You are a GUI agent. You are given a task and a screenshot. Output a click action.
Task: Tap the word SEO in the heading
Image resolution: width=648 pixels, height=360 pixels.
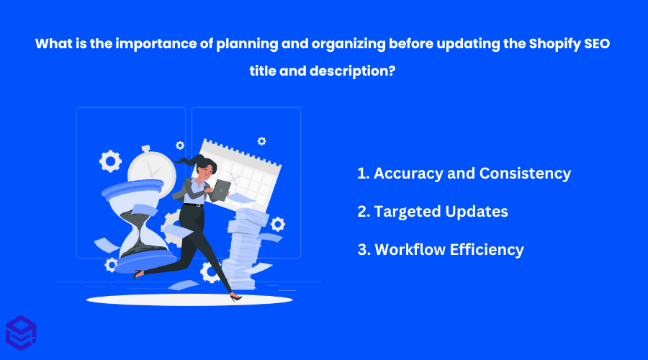pyautogui.click(x=597, y=43)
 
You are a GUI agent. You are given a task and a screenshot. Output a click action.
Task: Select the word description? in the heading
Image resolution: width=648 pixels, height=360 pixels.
pyautogui.click(x=353, y=71)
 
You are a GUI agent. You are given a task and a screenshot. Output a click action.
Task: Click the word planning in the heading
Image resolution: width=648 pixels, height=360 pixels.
pyautogui.click(x=247, y=44)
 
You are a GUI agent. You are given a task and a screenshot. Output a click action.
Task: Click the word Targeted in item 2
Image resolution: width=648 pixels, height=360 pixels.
pyautogui.click(x=408, y=212)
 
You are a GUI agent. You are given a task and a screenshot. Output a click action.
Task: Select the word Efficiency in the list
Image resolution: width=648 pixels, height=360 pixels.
pyautogui.click(x=487, y=250)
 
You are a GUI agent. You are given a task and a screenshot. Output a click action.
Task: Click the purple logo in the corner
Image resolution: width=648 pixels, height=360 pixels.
pyautogui.click(x=21, y=333)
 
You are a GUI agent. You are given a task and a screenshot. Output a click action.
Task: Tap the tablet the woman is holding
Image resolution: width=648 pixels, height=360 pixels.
pyautogui.click(x=221, y=191)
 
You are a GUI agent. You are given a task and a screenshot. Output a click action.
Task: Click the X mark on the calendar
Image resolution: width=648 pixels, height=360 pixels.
pyautogui.click(x=234, y=179)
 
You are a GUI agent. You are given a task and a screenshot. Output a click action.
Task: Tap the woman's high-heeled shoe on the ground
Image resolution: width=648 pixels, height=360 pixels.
pyautogui.click(x=235, y=296)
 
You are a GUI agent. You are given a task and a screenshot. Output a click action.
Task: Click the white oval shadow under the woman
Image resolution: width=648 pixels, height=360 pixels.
pyautogui.click(x=189, y=300)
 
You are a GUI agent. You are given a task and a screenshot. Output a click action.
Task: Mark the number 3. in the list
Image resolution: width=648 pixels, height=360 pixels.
pyautogui.click(x=364, y=250)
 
